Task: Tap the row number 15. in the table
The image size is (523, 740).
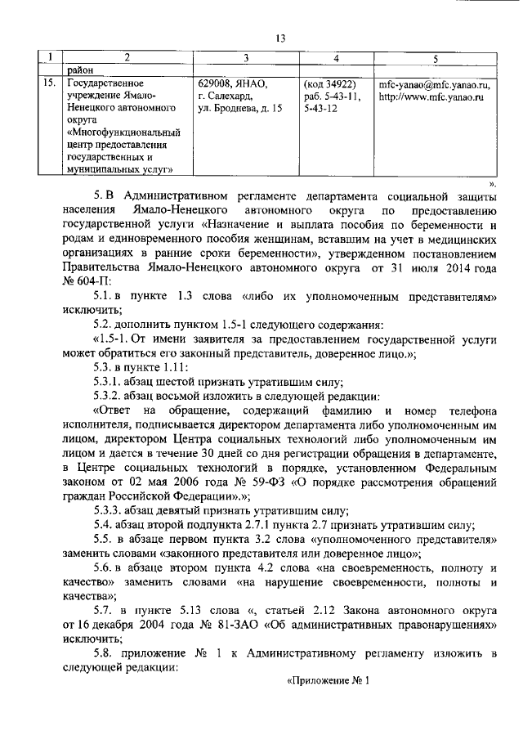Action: pyautogui.click(x=49, y=83)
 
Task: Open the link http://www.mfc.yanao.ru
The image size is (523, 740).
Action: pyautogui.click(x=432, y=96)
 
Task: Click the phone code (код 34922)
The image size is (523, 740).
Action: pyautogui.click(x=330, y=83)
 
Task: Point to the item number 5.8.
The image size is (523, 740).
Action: pyautogui.click(x=105, y=651)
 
